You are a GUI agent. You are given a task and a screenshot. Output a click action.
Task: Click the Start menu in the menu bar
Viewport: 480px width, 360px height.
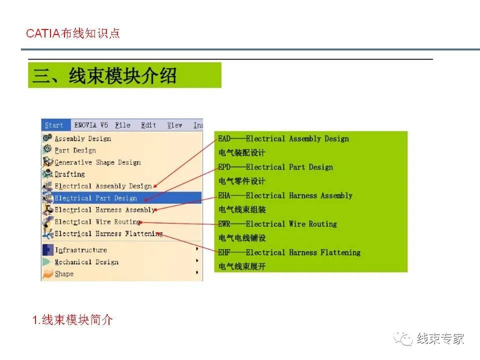click(x=54, y=125)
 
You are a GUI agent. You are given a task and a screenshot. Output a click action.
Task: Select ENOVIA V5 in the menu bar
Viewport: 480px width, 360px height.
click(x=91, y=125)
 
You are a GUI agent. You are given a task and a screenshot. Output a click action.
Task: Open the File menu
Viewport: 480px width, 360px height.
click(x=122, y=125)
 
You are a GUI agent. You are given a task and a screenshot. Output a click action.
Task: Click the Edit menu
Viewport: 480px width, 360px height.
click(x=148, y=125)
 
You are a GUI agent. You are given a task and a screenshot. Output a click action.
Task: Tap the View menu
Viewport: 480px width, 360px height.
click(x=174, y=125)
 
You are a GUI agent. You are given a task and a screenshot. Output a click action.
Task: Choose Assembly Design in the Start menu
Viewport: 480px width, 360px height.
click(x=82, y=138)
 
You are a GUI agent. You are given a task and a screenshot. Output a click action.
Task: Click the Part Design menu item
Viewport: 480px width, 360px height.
click(x=75, y=150)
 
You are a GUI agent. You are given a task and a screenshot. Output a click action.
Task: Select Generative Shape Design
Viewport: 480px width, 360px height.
click(x=97, y=162)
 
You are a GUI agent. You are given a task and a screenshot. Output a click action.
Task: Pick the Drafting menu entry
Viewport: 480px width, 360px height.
click(x=69, y=174)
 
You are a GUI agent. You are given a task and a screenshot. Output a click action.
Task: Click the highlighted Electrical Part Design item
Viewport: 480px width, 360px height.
click(x=95, y=198)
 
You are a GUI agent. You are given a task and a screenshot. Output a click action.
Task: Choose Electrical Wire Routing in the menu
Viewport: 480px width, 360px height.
click(x=97, y=222)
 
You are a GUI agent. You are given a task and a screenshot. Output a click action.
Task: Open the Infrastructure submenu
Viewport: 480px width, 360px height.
click(x=80, y=250)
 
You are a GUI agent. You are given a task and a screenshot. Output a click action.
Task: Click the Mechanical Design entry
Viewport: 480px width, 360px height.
click(x=86, y=262)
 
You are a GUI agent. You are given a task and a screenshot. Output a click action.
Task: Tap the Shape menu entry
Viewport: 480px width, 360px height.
click(x=64, y=274)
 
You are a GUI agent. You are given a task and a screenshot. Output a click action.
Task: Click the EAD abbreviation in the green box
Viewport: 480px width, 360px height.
click(x=224, y=139)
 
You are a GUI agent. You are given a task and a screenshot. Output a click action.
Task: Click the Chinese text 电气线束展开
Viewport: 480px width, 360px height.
click(x=242, y=266)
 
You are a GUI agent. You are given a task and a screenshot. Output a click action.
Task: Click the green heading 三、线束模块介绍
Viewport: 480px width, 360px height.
click(x=105, y=76)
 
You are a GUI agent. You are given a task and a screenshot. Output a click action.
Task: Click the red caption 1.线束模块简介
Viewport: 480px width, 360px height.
click(x=73, y=320)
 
